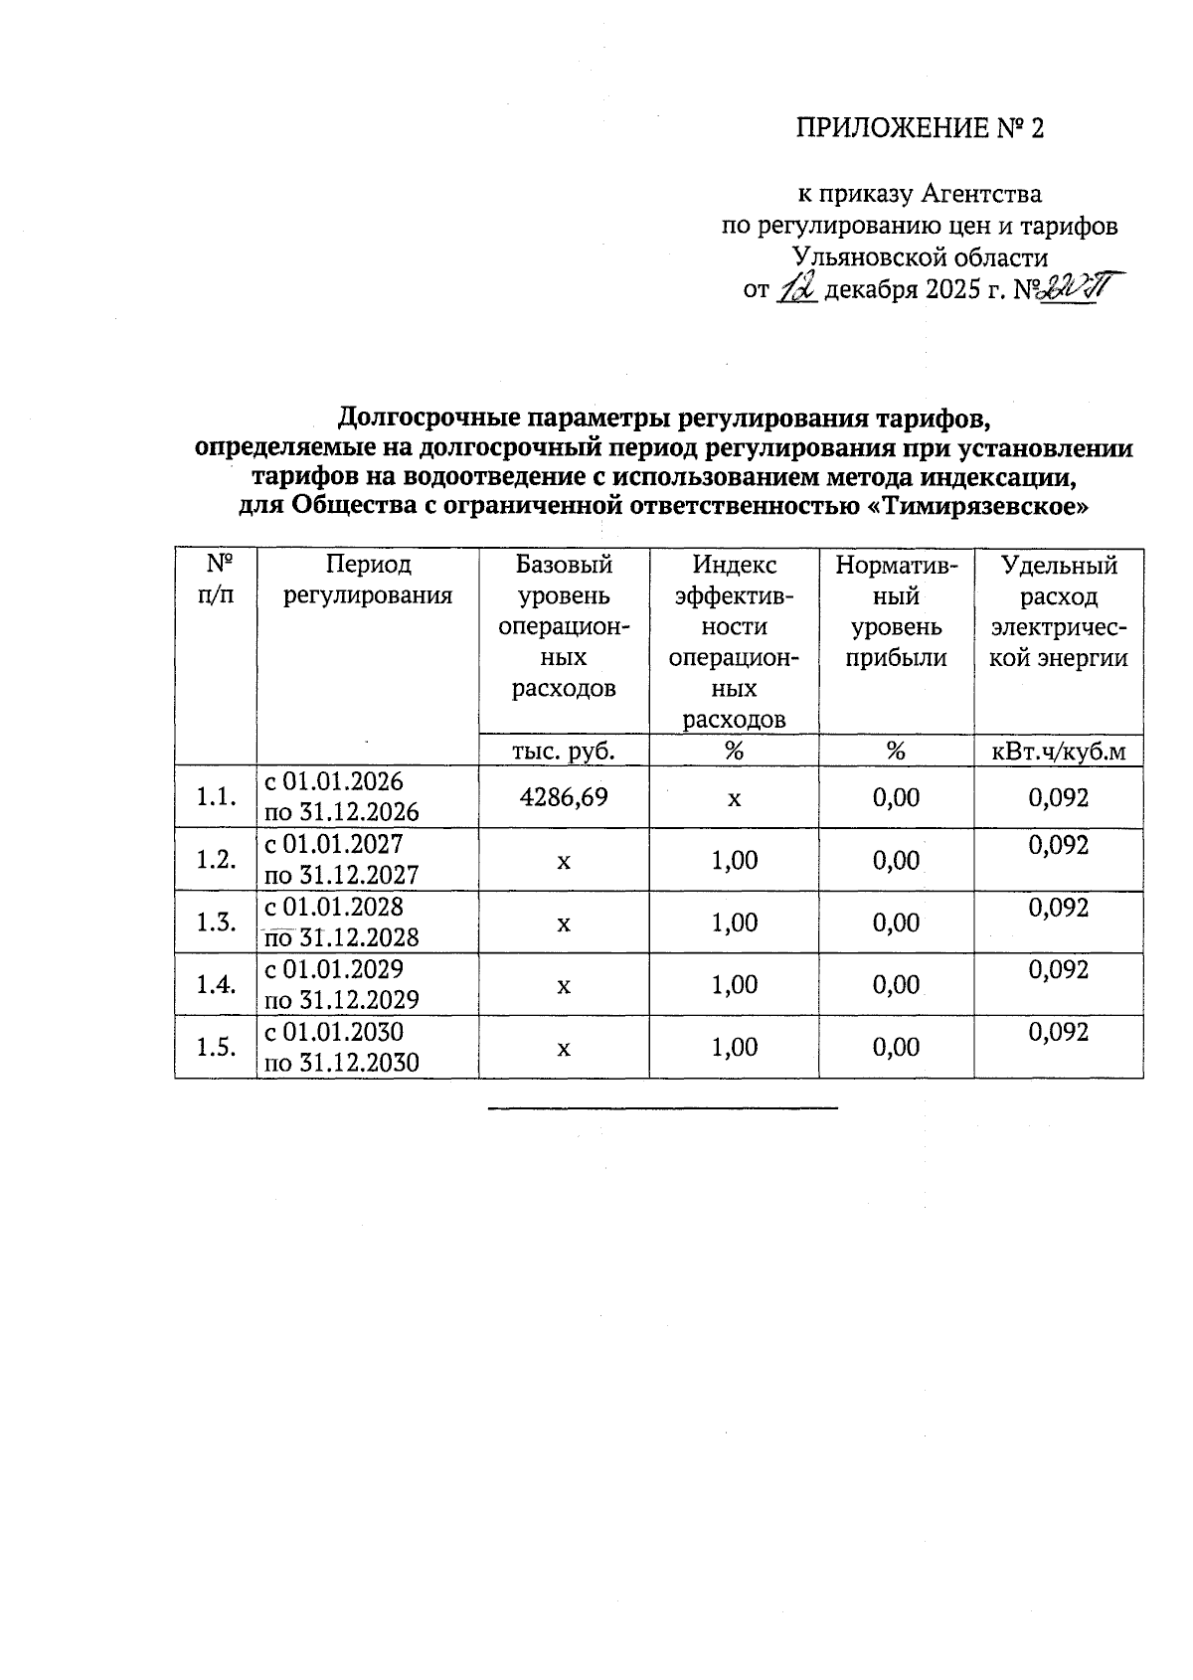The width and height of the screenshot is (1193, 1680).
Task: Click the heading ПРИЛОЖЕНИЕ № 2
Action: pos(921,128)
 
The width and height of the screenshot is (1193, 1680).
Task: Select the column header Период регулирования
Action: pos(368,581)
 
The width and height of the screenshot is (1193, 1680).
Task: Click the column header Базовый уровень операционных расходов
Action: pos(564,626)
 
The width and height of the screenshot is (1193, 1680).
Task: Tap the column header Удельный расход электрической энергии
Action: pos(1059,611)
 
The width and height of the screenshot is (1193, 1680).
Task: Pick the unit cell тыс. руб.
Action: pos(564,752)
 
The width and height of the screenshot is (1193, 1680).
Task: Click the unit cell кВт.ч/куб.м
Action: pos(1059,752)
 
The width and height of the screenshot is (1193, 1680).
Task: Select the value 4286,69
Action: pos(564,796)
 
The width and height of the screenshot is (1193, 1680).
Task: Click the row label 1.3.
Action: pos(216,923)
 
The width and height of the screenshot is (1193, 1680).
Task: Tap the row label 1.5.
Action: pos(216,1047)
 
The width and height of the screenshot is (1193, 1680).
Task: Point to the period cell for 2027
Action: pos(341,859)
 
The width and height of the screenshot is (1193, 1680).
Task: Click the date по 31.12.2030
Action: pos(341,1063)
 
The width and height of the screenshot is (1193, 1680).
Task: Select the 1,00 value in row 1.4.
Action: pos(735,984)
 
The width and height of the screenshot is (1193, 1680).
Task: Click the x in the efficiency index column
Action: pos(735,797)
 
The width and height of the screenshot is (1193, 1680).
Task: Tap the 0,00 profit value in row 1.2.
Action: pos(896,860)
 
